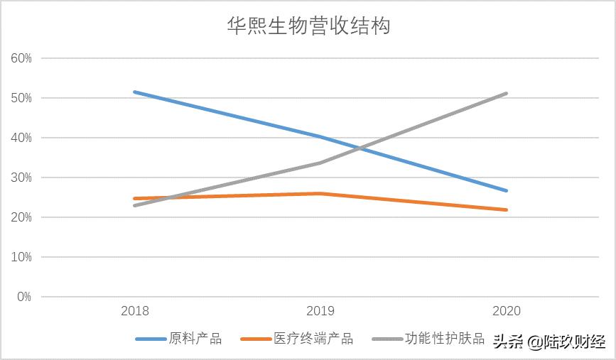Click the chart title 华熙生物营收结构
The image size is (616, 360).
[x=308, y=26]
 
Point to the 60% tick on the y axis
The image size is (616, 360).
[x=21, y=58]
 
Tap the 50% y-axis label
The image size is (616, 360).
[x=21, y=98]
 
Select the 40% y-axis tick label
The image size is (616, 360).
[x=21, y=138]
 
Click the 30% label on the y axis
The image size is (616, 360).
[x=21, y=178]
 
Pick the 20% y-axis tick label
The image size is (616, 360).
[x=21, y=217]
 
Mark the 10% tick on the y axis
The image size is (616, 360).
[x=21, y=257]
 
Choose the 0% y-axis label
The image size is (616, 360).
[x=24, y=297]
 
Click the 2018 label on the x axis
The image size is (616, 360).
[x=135, y=311]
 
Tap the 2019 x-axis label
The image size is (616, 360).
[x=320, y=311]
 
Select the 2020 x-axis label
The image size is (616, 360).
[x=506, y=311]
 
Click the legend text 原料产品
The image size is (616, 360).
[x=195, y=339]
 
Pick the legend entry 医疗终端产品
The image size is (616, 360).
[x=313, y=339]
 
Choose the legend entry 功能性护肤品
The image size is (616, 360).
[x=444, y=339]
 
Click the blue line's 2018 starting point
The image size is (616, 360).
[x=135, y=92]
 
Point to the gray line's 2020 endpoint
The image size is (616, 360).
[x=506, y=93]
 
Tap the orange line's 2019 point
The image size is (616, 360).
[x=320, y=193]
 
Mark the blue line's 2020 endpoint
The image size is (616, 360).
[x=506, y=190]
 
